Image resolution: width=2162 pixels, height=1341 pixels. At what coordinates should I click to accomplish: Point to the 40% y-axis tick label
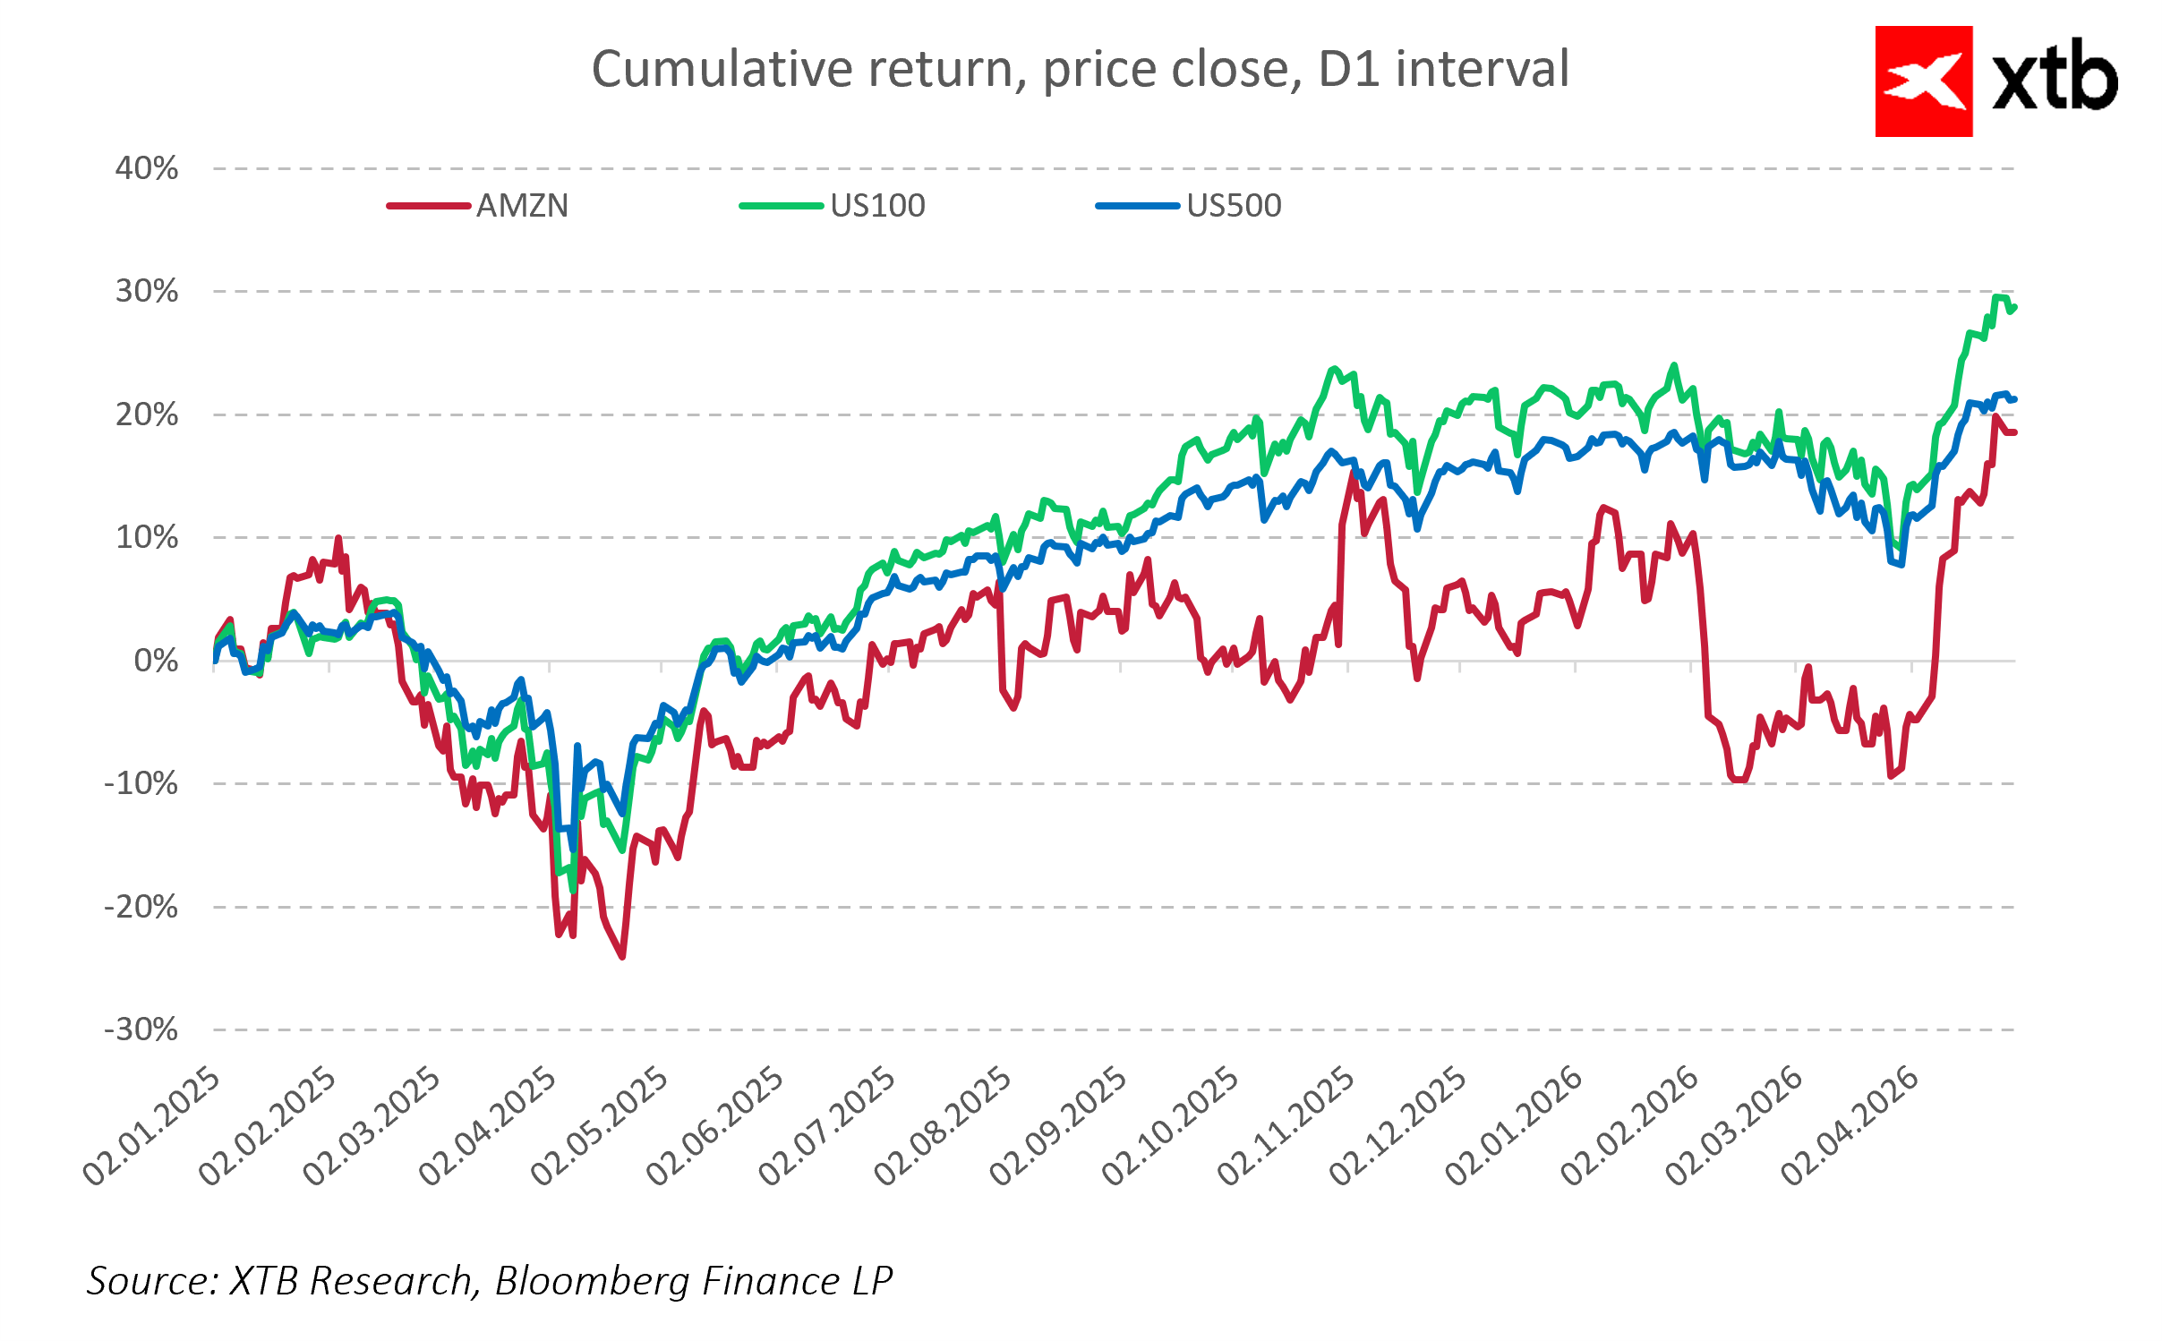147,168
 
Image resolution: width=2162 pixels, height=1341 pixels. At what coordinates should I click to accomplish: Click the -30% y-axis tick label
141,1029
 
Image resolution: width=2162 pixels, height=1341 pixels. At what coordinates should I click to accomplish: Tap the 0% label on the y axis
156,661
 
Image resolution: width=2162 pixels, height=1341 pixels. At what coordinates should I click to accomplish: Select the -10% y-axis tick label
141,784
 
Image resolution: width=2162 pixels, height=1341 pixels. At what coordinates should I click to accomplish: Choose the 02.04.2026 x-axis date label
1850,1126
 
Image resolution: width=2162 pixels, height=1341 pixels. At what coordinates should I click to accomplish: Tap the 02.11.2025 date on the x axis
1286,1126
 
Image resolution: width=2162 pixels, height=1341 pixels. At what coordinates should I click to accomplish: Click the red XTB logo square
1923,81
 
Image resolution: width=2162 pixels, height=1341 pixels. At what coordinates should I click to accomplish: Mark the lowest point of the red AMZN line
622,957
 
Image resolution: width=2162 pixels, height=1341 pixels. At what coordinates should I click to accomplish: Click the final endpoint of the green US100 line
2014,307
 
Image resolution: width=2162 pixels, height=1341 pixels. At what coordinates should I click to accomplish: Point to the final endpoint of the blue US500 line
2014,399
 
